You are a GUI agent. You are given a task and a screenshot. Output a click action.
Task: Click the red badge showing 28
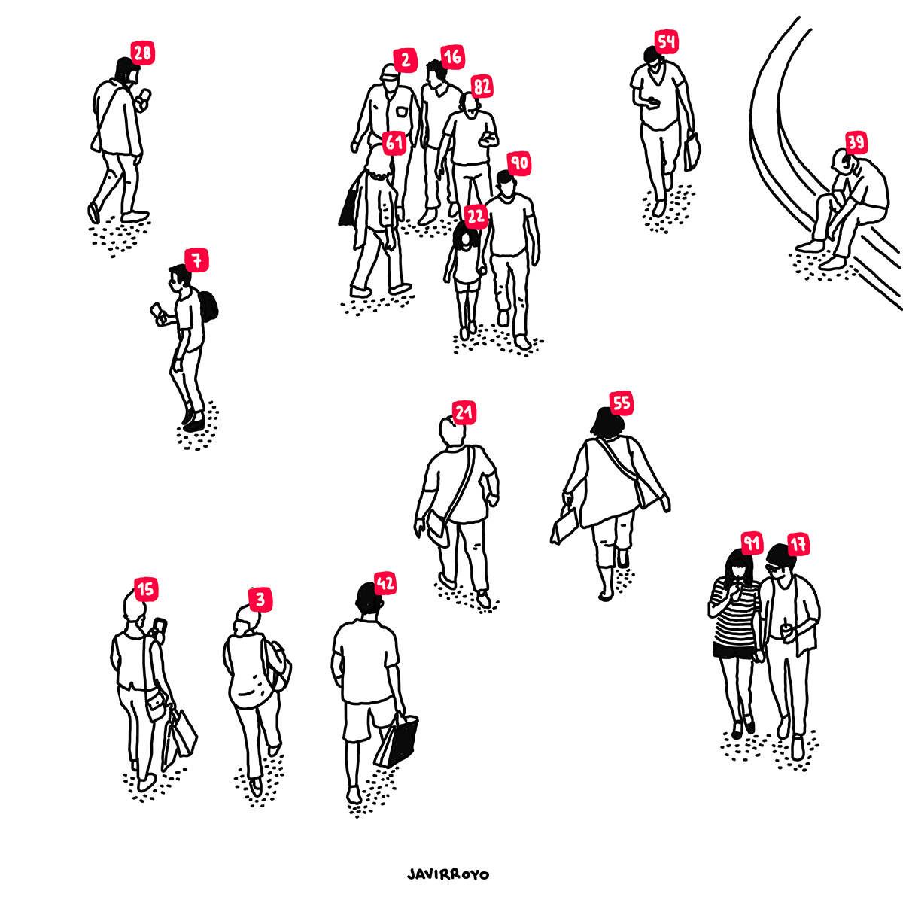(x=143, y=53)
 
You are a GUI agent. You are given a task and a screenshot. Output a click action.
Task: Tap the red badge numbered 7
(x=196, y=260)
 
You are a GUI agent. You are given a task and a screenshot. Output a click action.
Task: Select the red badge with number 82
(x=482, y=87)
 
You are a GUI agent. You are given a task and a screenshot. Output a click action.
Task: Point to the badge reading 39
(x=856, y=142)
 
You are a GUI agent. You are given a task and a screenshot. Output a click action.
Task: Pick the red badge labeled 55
(x=622, y=403)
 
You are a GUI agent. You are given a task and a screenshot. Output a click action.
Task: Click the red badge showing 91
(x=752, y=543)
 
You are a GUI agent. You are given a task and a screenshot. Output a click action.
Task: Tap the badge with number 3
(x=260, y=600)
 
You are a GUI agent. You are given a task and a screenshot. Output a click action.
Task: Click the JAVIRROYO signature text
(x=448, y=874)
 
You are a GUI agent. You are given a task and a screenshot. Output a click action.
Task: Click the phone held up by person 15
(x=160, y=625)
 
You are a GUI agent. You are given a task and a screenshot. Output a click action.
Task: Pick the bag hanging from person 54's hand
(x=692, y=151)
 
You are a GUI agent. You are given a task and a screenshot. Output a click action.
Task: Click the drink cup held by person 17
(x=786, y=631)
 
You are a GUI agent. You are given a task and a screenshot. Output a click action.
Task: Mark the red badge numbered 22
(x=476, y=216)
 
